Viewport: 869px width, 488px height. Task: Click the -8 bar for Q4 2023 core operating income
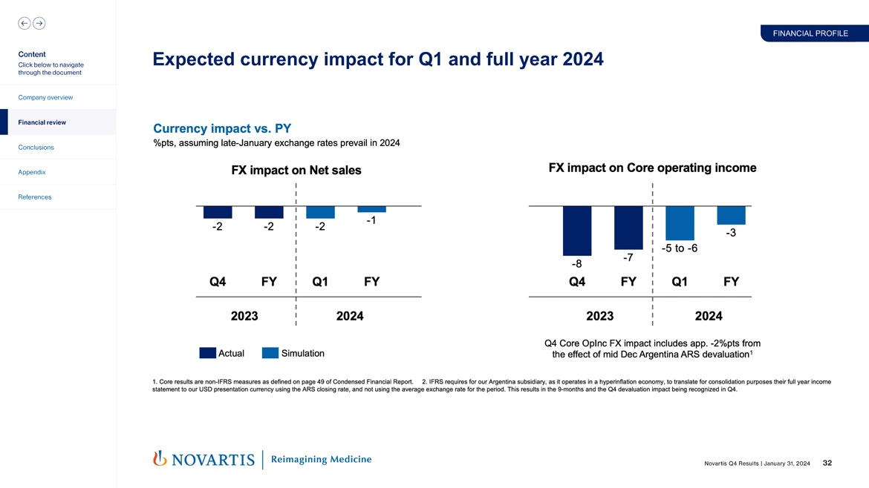pos(577,231)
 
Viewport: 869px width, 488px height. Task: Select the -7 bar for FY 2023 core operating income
pos(628,228)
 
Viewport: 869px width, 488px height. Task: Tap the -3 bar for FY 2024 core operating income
pos(731,215)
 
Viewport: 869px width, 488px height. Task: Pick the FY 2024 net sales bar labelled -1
pos(371,209)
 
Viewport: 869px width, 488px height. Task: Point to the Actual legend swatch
pos(208,353)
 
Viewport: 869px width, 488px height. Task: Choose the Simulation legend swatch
pos(270,353)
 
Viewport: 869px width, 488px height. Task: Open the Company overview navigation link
pos(45,98)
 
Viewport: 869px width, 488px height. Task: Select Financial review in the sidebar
pos(42,122)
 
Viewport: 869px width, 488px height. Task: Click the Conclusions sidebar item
pos(35,148)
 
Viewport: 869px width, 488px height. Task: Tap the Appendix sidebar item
pos(32,172)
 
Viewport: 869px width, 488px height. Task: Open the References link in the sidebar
pos(35,197)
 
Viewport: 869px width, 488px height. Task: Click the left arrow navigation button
pos(25,23)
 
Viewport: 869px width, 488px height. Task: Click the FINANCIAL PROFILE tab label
pos(810,33)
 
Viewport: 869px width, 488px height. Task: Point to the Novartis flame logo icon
pos(159,459)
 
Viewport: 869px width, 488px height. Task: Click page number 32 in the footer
pos(827,464)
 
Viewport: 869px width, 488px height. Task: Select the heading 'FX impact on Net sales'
pos(296,171)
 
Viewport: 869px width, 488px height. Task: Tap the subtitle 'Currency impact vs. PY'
pos(221,128)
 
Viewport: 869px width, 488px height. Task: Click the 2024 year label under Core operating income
pos(709,316)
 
